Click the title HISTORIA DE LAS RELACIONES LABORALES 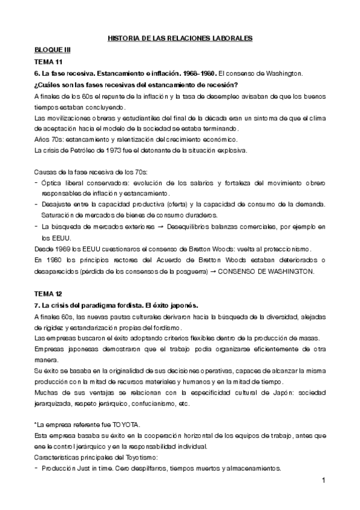coord(180,39)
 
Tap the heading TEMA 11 coord(48,62)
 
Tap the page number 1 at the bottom coord(323,481)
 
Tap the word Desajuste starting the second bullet coord(59,204)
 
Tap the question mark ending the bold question coord(237,84)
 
